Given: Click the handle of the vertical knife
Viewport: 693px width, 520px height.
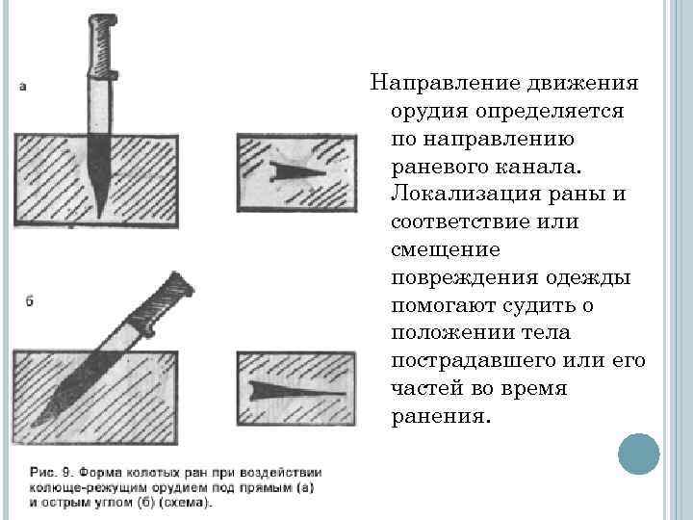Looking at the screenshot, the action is (x=103, y=46).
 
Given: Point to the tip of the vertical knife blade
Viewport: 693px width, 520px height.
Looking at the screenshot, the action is (x=99, y=218).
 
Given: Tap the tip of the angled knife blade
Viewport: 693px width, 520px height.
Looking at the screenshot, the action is (x=34, y=426).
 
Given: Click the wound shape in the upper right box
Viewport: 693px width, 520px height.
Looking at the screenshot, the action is (x=296, y=172).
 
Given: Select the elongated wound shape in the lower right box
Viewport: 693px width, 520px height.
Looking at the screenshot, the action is (x=296, y=391).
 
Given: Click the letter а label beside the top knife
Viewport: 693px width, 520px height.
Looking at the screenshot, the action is (x=23, y=87).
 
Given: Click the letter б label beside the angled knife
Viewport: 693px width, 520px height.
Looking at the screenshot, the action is (x=29, y=301).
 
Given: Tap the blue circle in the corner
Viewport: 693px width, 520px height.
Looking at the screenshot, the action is (x=639, y=455).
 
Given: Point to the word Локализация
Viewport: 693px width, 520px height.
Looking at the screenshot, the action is (x=466, y=195).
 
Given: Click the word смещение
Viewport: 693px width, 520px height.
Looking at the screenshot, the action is (x=446, y=250).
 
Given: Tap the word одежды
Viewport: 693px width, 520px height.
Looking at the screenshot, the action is (x=588, y=278).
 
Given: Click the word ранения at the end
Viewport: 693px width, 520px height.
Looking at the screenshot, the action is (x=441, y=417).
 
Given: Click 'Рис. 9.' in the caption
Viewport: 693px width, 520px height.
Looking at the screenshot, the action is (x=50, y=473).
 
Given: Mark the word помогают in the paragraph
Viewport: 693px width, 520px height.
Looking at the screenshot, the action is (x=445, y=306).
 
